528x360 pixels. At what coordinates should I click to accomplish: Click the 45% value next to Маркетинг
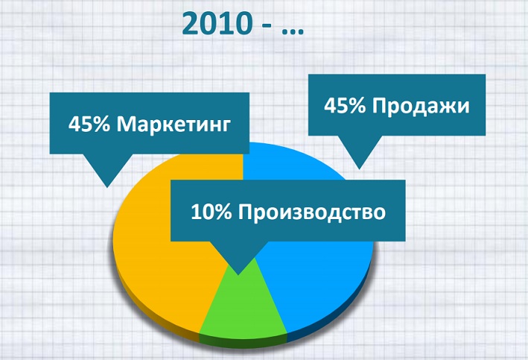(x=89, y=123)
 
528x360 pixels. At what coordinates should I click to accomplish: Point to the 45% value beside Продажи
(x=345, y=106)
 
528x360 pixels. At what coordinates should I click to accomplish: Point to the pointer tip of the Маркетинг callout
(x=107, y=186)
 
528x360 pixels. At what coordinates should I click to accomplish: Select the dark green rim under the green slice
(x=246, y=338)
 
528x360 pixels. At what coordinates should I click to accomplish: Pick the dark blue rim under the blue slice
(x=328, y=325)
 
